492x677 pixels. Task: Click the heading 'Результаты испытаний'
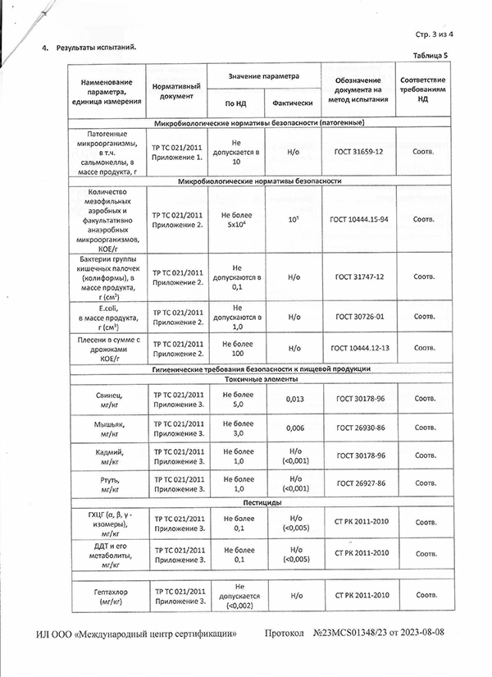pos(96,48)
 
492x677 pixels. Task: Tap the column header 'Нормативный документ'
pos(172,90)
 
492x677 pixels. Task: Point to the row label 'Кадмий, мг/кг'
pos(109,456)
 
